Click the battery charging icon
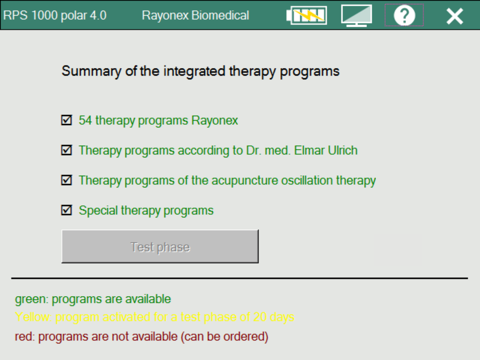coord(307,15)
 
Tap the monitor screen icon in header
coord(357,15)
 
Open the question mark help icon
coord(404,15)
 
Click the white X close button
coord(454,16)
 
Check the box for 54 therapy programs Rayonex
coord(67,120)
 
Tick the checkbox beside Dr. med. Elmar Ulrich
coord(67,150)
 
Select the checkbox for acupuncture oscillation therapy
coord(67,180)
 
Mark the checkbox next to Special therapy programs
coord(67,210)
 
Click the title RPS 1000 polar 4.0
coord(55,15)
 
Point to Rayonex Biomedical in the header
coord(195,15)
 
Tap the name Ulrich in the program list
coord(342,150)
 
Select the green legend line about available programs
coord(93,299)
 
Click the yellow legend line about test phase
coord(154,317)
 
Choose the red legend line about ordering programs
coord(142,336)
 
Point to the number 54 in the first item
coord(85,120)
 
